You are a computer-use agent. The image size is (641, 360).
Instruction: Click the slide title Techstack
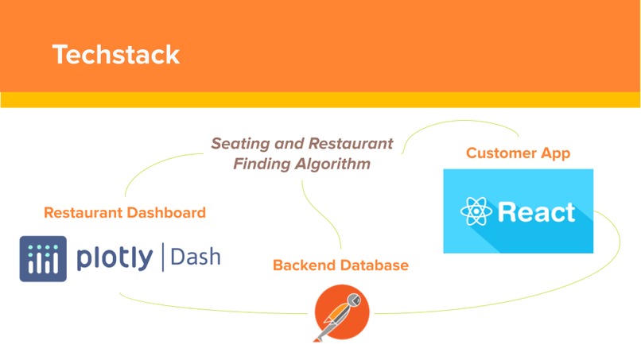[116, 54]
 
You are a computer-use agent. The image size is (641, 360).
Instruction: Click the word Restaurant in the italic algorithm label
[351, 145]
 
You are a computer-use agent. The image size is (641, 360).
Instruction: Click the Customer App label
[518, 153]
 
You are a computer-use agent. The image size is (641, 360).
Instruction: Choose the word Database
[371, 265]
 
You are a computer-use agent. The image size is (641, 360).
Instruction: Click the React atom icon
[476, 212]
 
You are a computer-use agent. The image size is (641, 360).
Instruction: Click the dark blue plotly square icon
[43, 258]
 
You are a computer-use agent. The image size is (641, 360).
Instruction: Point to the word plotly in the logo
[115, 257]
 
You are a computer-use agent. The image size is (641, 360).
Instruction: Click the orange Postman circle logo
[342, 312]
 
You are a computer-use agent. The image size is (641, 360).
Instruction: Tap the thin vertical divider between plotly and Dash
[162, 257]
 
